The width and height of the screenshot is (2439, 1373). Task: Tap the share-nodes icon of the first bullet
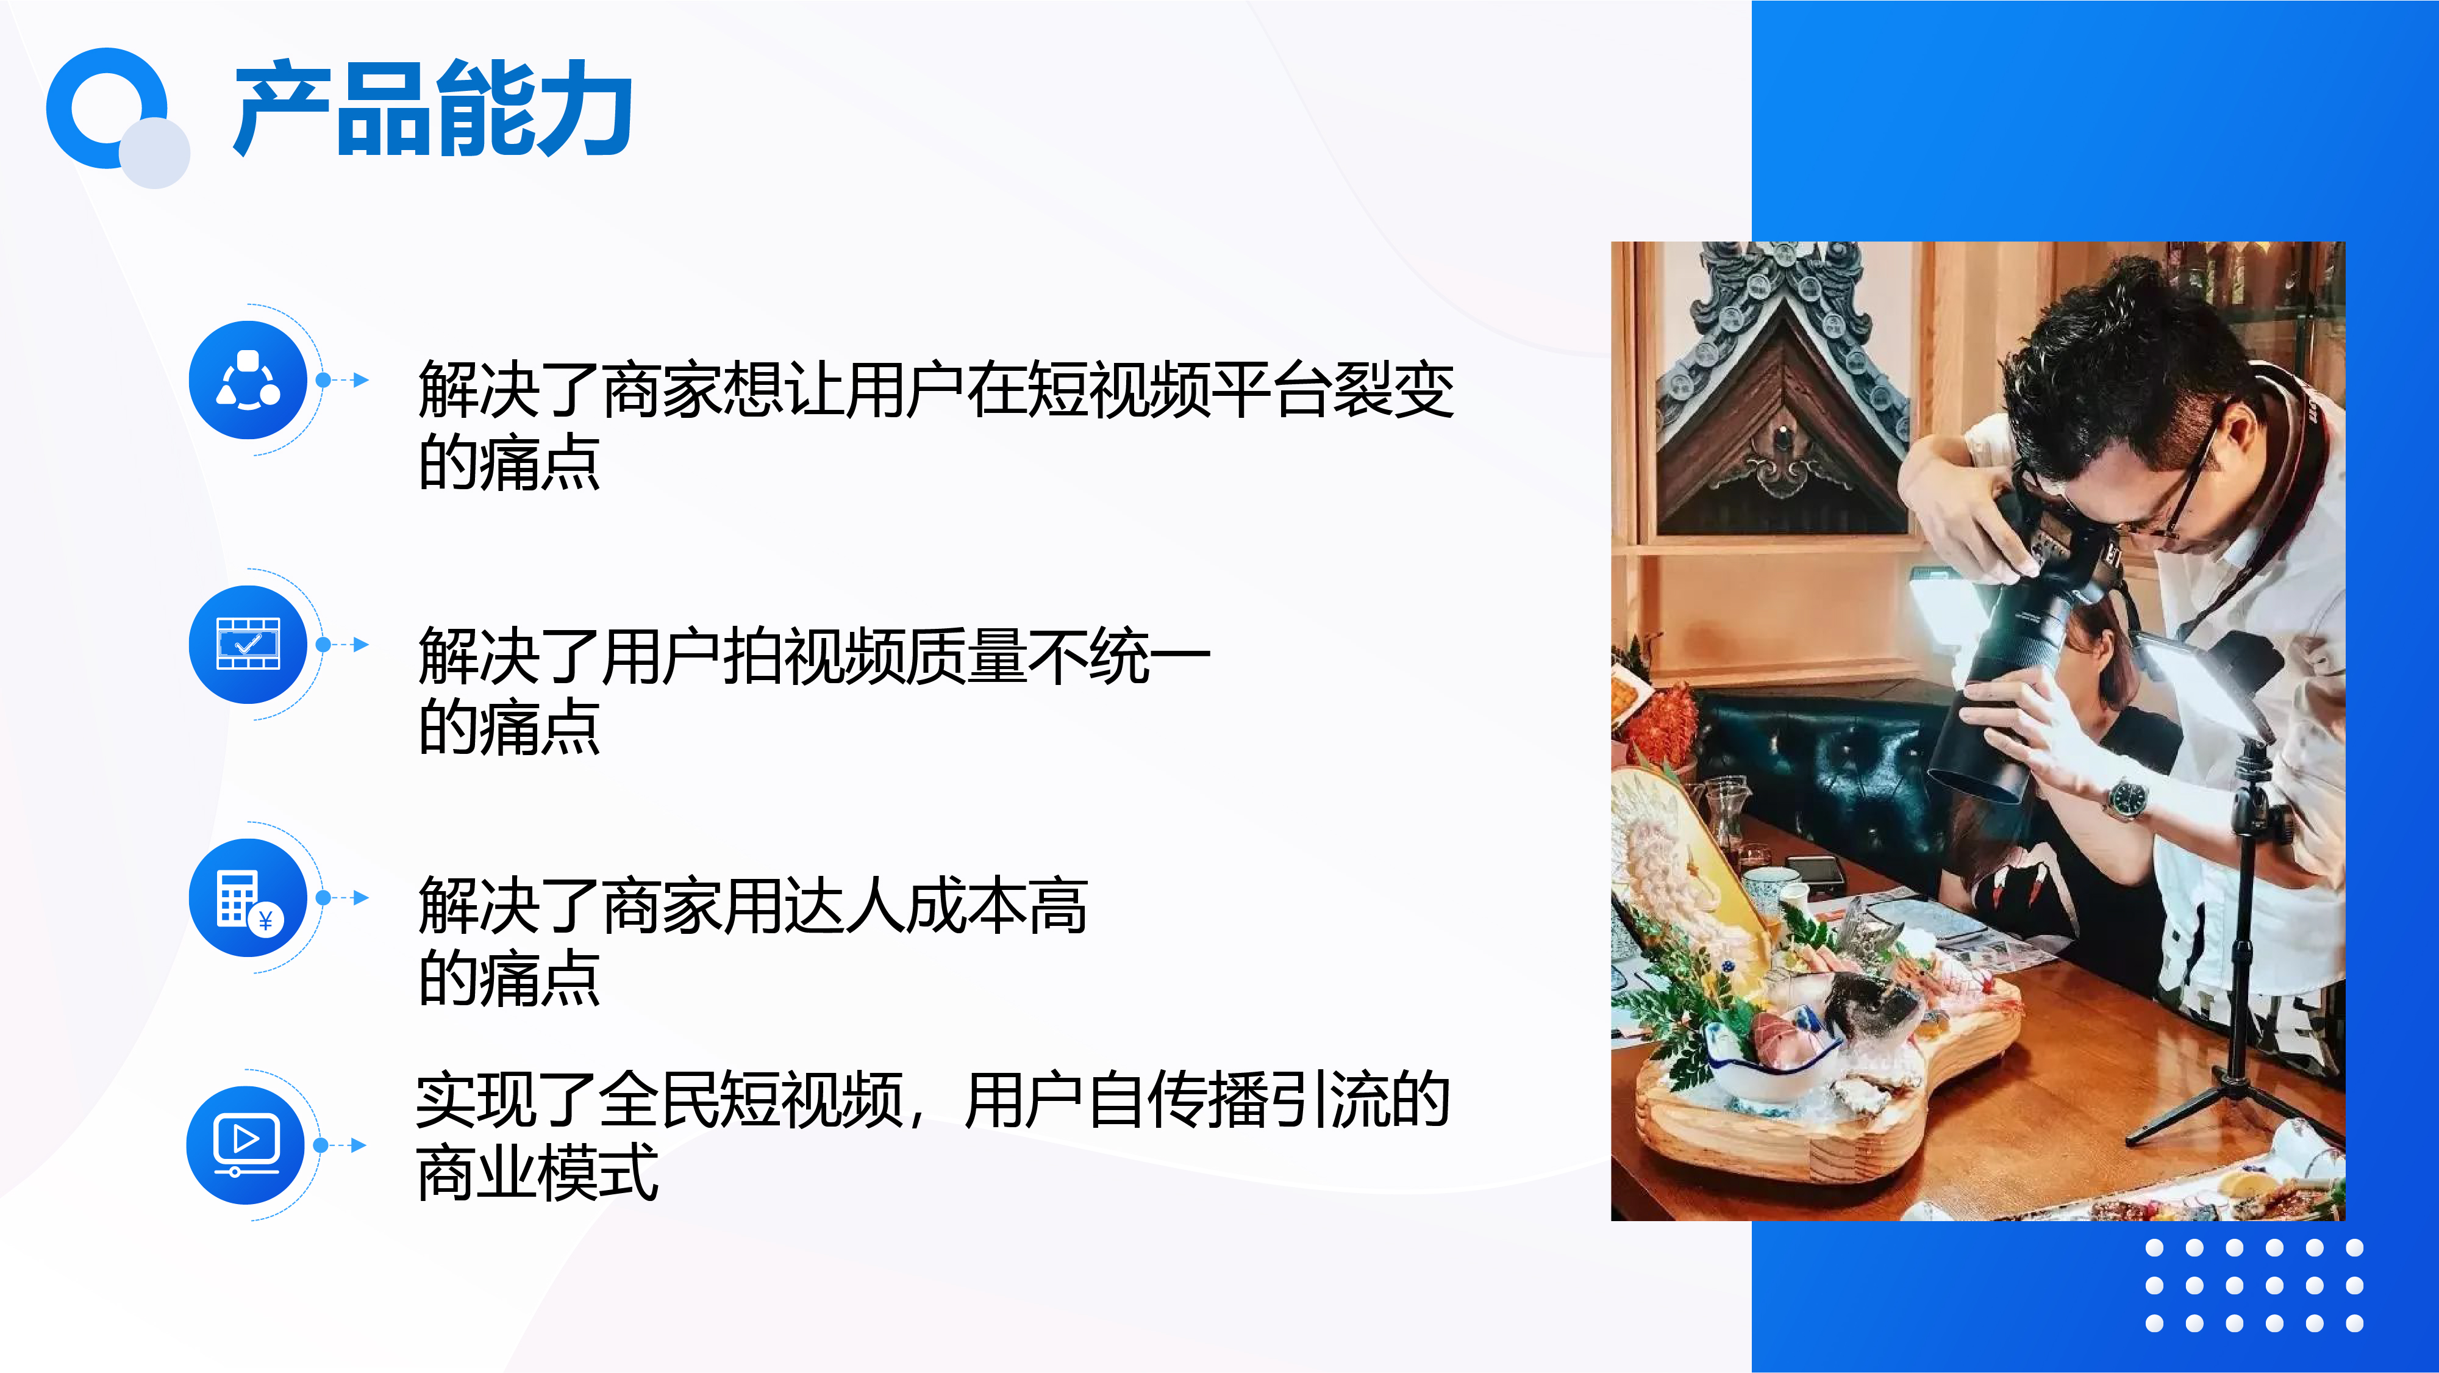[x=248, y=380]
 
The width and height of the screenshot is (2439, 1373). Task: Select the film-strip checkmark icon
[x=248, y=644]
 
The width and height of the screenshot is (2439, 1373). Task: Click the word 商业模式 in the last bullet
[x=537, y=1172]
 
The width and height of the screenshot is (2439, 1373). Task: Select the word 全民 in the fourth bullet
[x=658, y=1100]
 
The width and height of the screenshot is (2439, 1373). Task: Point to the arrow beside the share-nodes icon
[x=343, y=380]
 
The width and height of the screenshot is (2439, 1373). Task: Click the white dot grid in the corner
[x=2254, y=1285]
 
